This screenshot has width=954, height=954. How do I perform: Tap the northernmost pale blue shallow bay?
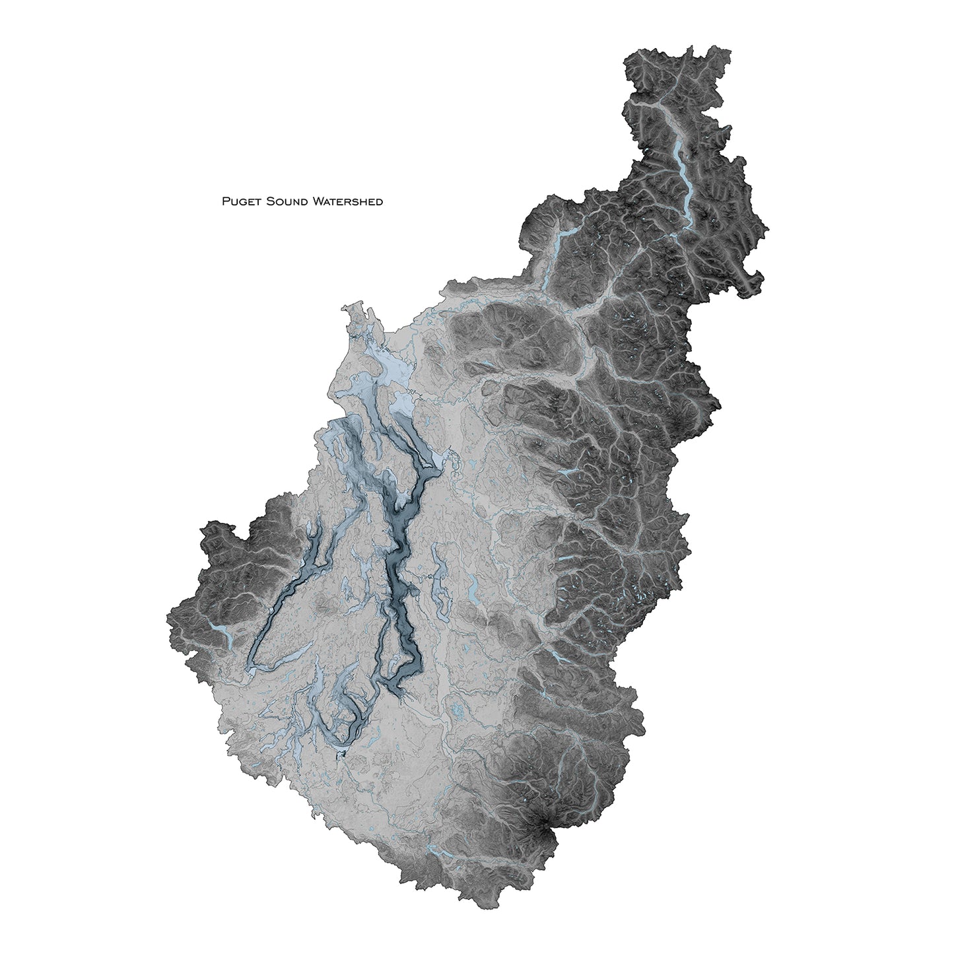coord(357,310)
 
